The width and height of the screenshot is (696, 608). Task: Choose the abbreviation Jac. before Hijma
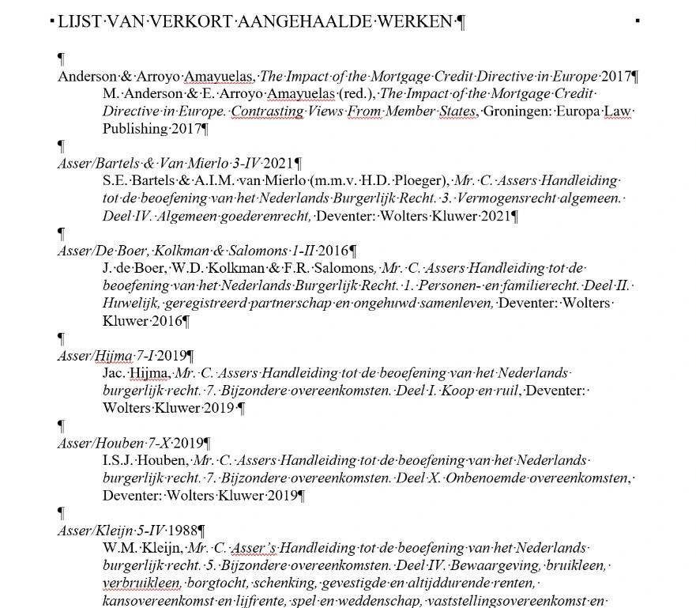(115, 372)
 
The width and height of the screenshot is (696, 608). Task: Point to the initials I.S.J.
(119, 460)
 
